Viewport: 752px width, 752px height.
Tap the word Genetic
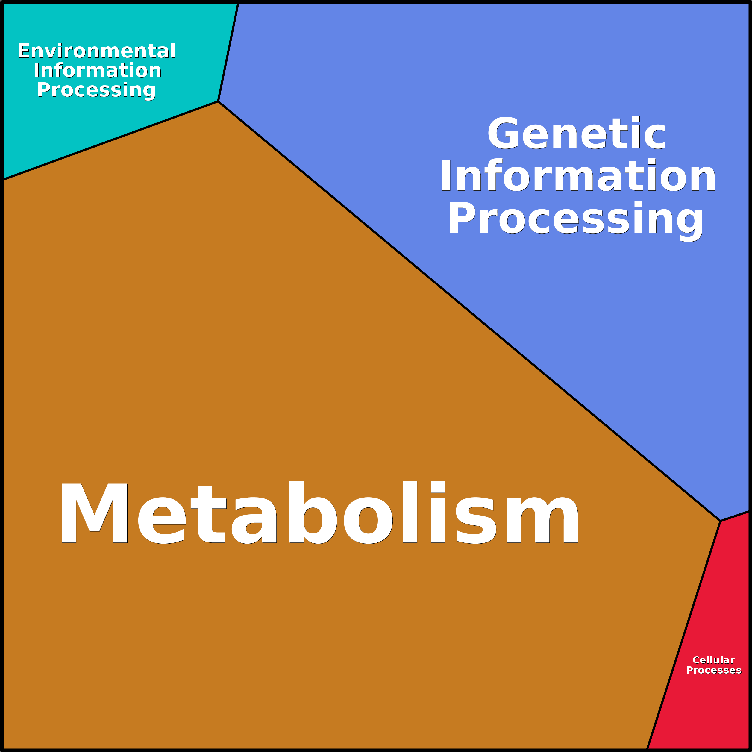[x=577, y=133]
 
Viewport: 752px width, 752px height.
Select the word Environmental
[x=96, y=51]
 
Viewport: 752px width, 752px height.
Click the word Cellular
[x=713, y=660]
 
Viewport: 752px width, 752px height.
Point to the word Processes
[x=713, y=670]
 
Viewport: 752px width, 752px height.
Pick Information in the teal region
[x=97, y=70]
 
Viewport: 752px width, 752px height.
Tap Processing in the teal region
[x=96, y=90]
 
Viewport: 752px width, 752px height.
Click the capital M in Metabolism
[x=94, y=513]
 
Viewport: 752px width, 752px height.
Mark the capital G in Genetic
[x=503, y=133]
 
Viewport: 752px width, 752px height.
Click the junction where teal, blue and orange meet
[x=218, y=101]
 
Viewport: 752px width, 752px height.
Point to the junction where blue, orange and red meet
[x=721, y=521]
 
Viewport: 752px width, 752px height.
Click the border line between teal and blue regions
[x=228, y=53]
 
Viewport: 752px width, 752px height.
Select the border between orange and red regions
[x=684, y=634]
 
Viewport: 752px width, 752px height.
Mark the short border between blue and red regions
[x=735, y=516]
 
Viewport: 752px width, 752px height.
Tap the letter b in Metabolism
[x=313, y=513]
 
